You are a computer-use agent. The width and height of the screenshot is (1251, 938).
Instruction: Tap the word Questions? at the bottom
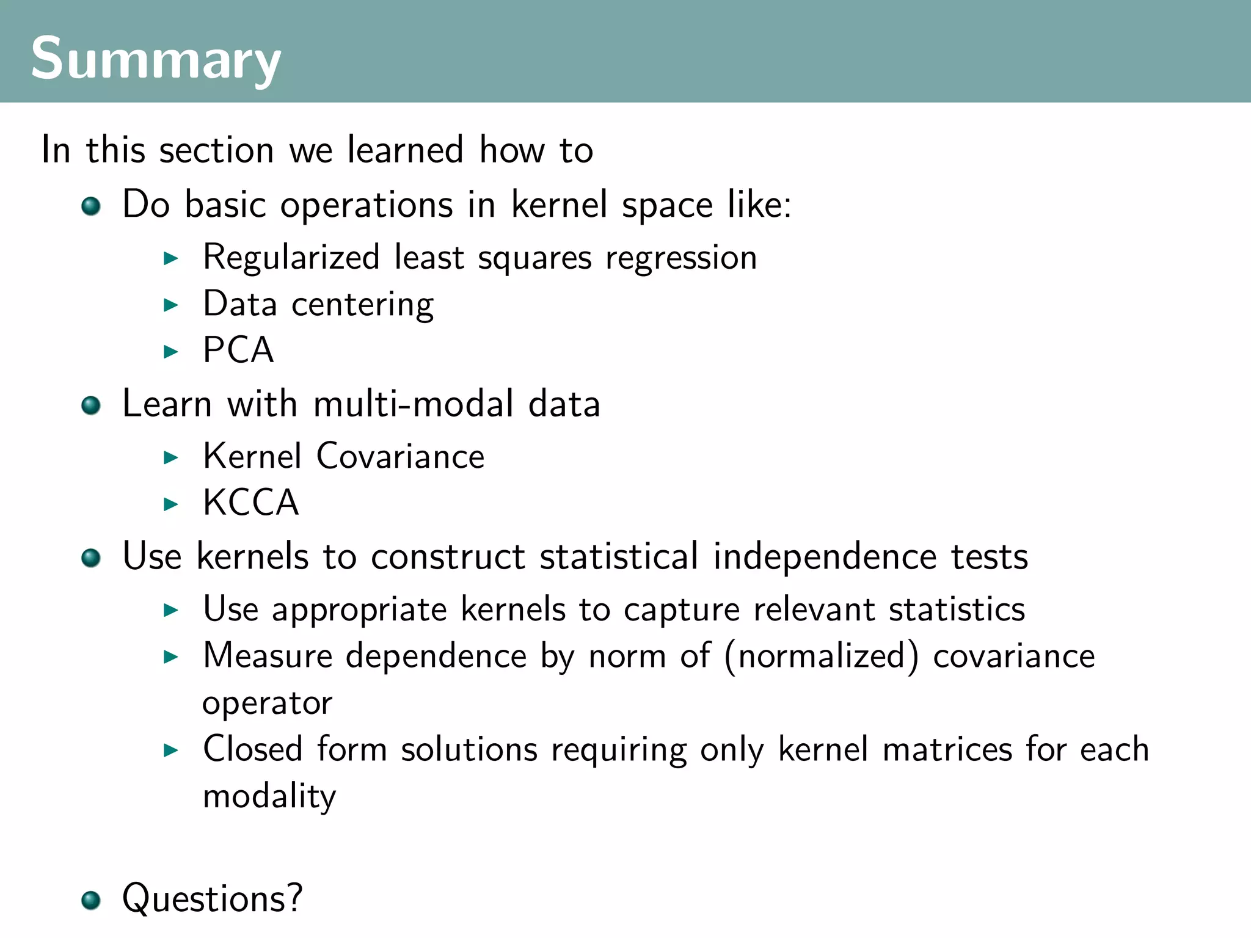tap(212, 898)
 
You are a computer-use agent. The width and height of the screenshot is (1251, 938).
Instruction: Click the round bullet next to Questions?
tap(91, 900)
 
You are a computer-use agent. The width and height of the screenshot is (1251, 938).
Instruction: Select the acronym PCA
tap(238, 350)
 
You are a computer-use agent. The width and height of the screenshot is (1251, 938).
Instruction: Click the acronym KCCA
tap(250, 503)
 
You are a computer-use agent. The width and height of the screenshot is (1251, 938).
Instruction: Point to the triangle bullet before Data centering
tap(171, 305)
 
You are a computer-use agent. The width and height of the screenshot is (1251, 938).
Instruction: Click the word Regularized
tap(291, 258)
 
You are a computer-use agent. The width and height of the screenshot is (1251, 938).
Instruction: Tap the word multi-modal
tap(414, 404)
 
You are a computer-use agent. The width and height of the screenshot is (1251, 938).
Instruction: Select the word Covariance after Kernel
tap(400, 456)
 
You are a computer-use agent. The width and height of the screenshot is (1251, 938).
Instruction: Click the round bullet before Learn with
tap(91, 405)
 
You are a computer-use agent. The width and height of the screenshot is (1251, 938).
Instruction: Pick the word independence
tap(825, 556)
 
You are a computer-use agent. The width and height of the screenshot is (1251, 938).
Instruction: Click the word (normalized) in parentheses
tap(822, 656)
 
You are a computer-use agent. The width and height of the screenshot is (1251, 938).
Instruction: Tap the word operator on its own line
tap(267, 703)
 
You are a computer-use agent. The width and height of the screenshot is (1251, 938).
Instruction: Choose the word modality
tap(269, 796)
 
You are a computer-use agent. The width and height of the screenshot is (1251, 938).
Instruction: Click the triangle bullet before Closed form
tap(171, 750)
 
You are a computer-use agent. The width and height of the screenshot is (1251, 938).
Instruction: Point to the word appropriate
tap(359, 610)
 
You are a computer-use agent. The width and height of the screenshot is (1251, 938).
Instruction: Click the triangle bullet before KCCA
tap(171, 504)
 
